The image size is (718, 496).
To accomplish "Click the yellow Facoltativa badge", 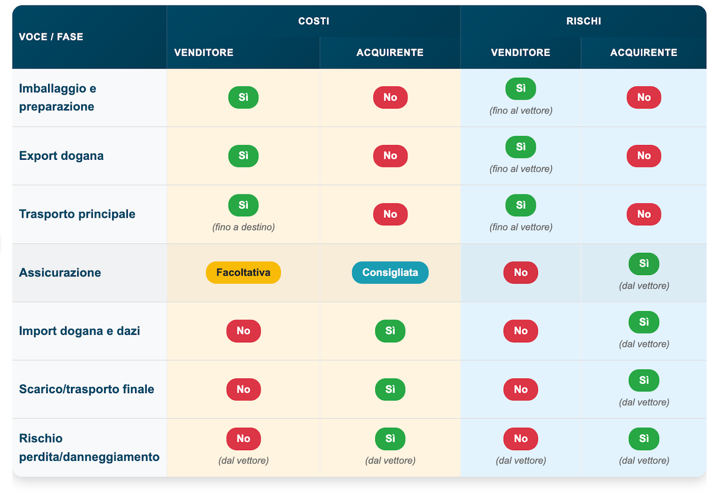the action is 243,272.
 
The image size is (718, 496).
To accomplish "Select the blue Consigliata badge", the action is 390,272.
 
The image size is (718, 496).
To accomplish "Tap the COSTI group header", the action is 314,21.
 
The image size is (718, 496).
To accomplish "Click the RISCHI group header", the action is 583,21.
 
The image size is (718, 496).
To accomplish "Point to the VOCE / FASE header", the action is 51,37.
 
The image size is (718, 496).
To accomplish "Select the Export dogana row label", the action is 61,156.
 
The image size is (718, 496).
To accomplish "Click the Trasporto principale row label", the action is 77,214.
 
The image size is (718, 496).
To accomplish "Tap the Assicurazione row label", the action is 60,272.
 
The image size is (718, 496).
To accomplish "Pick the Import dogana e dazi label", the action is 79,330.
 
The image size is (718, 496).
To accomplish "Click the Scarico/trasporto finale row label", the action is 87,389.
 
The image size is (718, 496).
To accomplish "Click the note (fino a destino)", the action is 243,227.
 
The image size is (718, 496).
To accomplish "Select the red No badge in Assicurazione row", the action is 521,272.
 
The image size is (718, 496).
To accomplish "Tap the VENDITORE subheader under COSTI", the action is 204,52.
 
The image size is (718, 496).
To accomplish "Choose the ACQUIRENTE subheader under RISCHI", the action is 644,52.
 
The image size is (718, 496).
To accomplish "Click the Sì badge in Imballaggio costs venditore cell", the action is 243,97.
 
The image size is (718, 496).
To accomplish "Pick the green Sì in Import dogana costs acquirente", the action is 390,330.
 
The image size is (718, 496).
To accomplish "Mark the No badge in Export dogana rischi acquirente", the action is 644,156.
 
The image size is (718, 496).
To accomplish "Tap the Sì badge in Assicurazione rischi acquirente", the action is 644,263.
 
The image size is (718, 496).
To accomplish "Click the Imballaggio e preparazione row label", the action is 58,97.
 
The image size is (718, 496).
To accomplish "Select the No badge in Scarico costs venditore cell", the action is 243,389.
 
